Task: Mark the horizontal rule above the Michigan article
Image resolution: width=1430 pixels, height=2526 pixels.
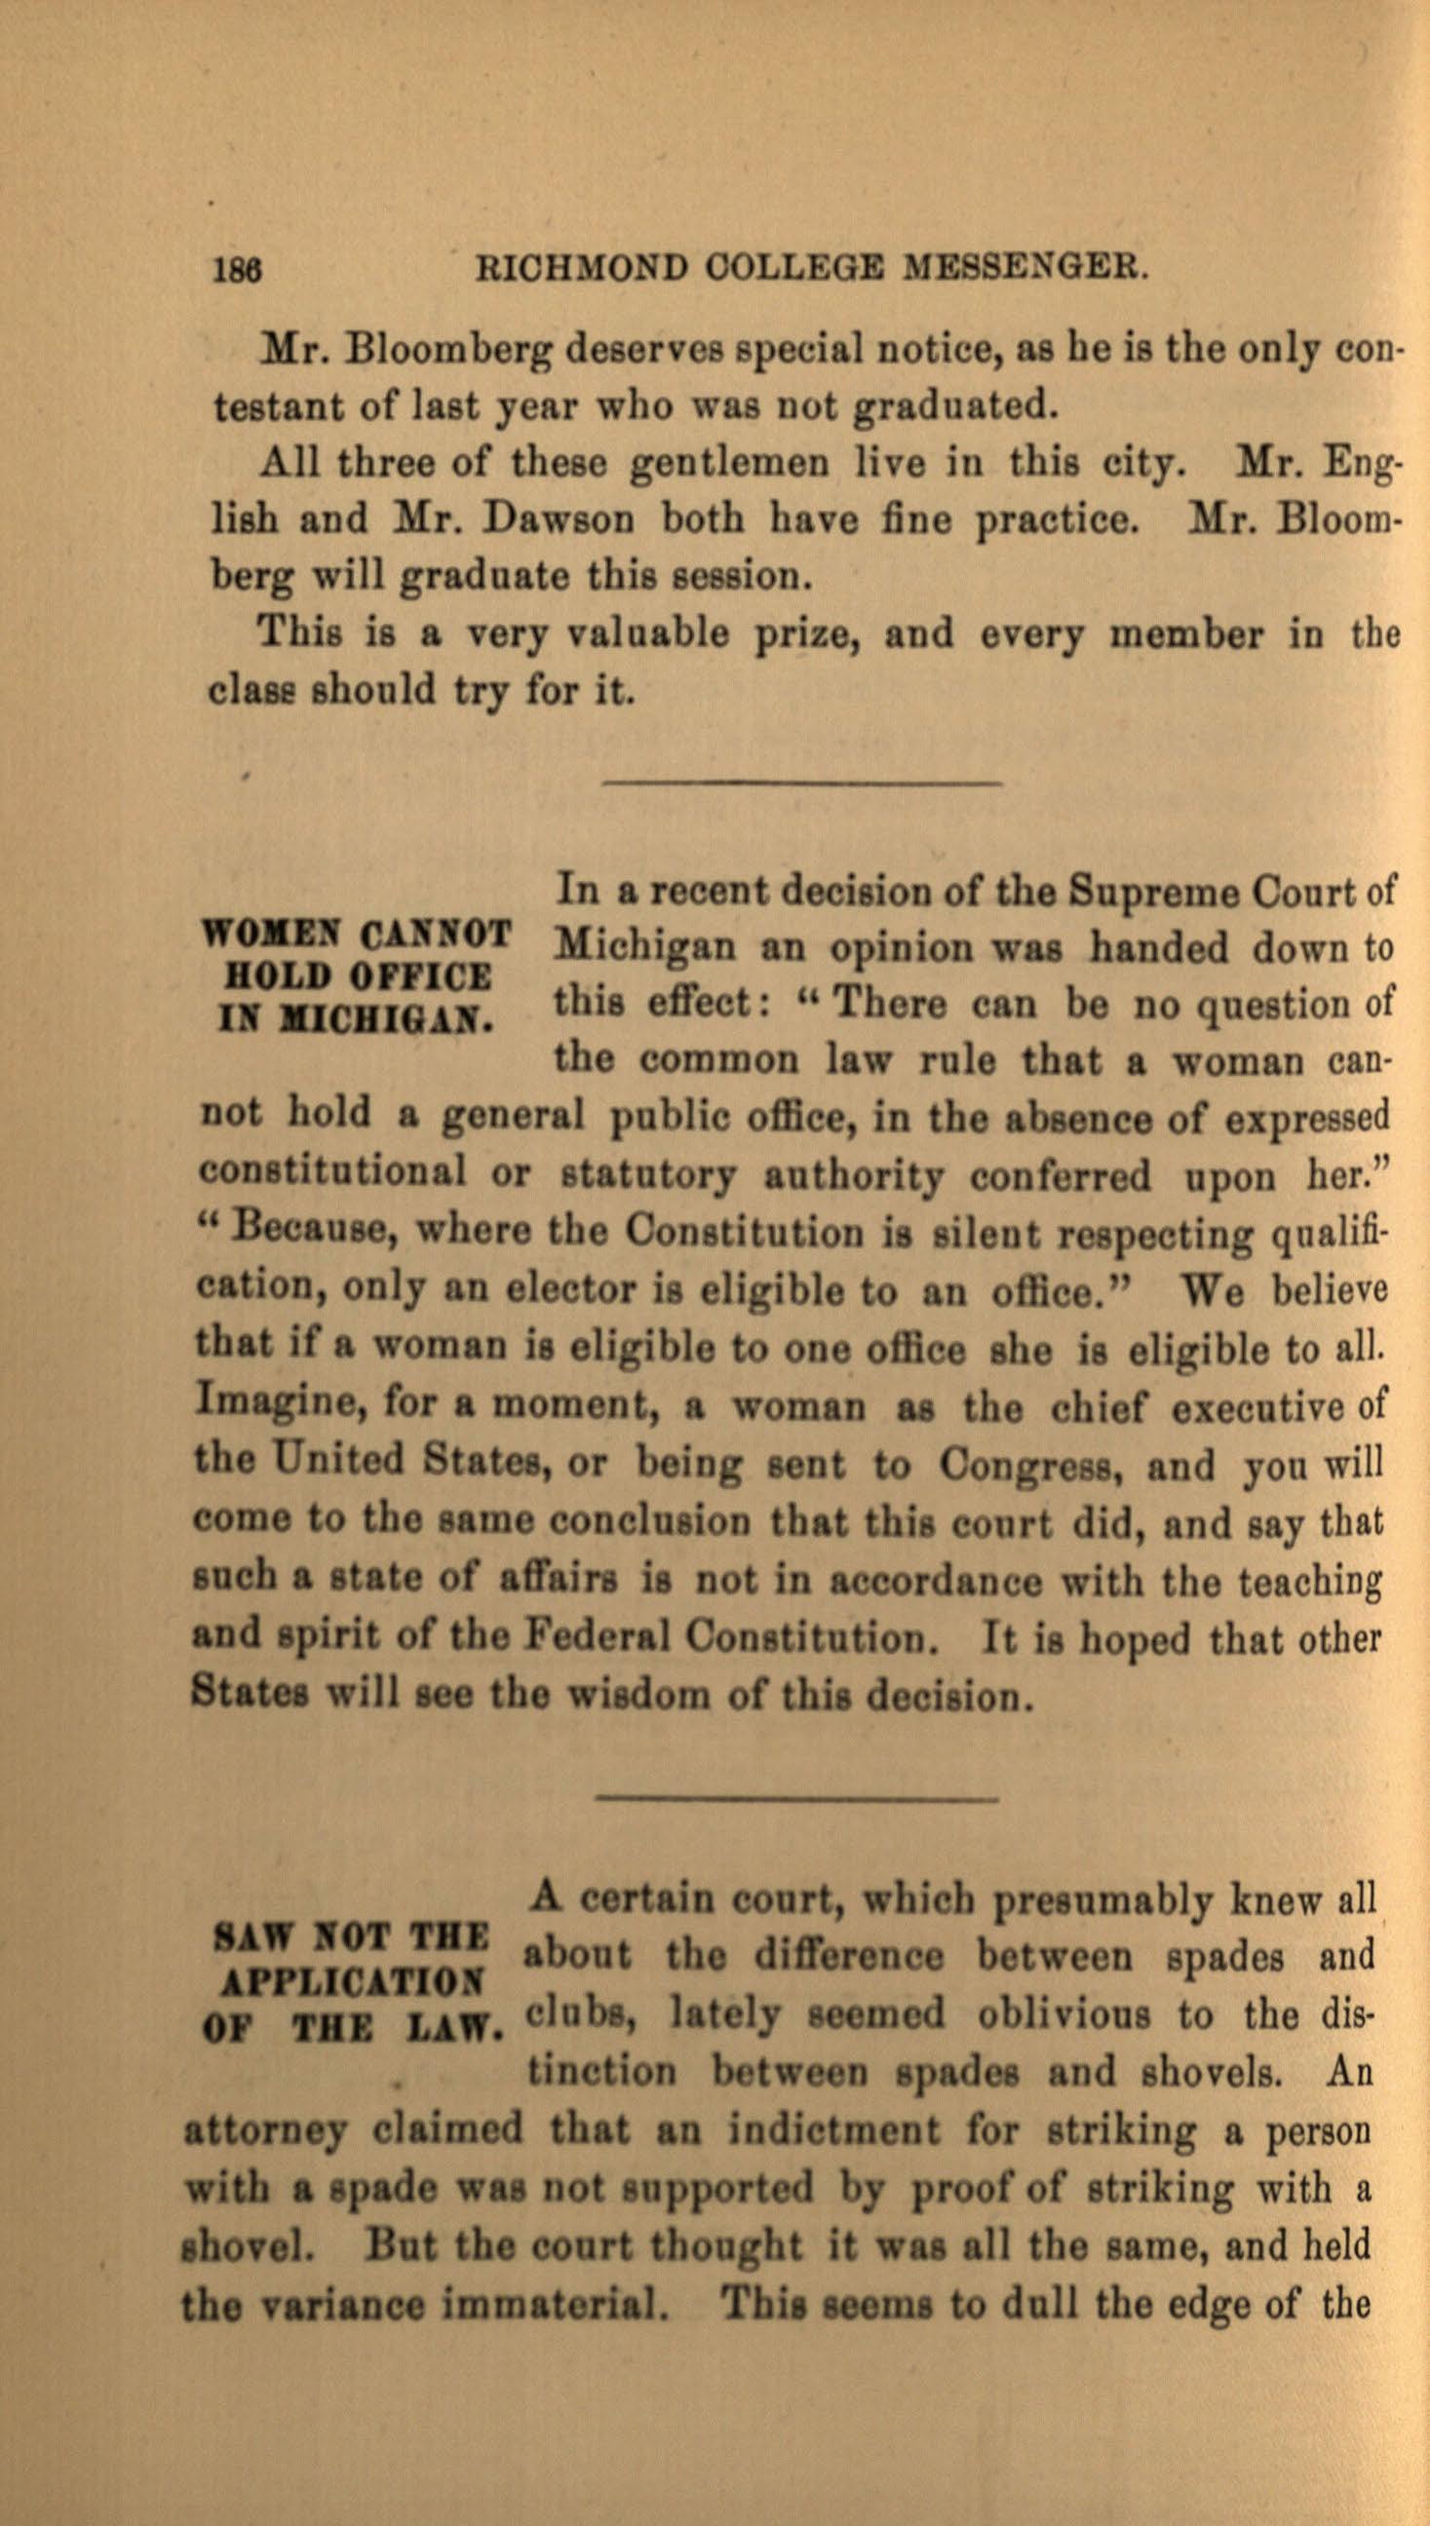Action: click(x=799, y=783)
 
